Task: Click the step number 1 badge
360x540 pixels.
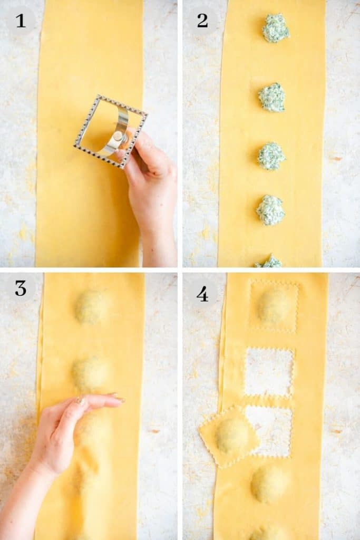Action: click(x=21, y=21)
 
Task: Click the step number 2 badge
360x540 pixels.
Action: click(x=202, y=21)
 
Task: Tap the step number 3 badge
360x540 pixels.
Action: click(x=21, y=288)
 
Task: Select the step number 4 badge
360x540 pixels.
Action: click(x=202, y=294)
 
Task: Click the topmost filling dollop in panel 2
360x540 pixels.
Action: click(x=276, y=28)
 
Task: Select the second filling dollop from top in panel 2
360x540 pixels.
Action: click(x=272, y=98)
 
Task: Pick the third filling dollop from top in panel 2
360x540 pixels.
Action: click(x=271, y=156)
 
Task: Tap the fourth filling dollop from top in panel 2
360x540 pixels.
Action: click(x=270, y=210)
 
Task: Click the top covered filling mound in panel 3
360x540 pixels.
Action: click(x=92, y=306)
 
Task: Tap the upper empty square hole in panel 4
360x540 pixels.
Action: click(x=269, y=372)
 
